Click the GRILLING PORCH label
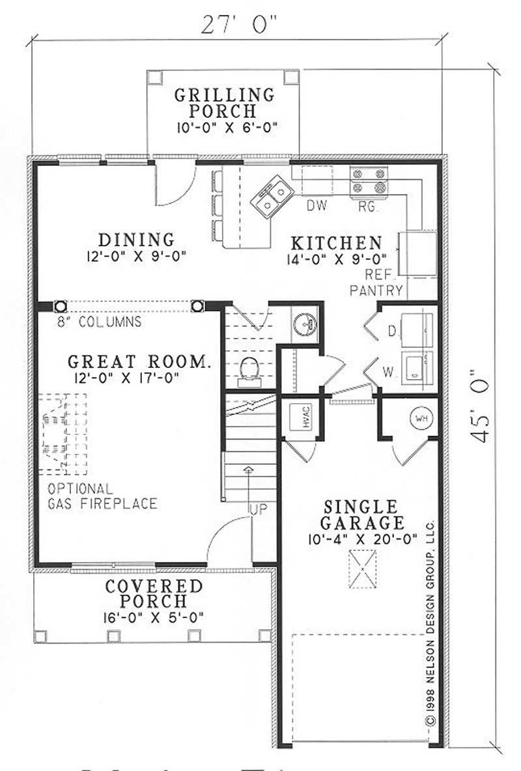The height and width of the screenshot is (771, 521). pyautogui.click(x=223, y=103)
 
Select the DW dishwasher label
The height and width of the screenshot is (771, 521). pyautogui.click(x=317, y=206)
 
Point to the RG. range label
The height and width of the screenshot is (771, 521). pyautogui.click(x=369, y=206)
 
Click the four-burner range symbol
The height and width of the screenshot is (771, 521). pyautogui.click(x=369, y=181)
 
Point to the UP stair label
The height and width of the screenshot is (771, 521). pyautogui.click(x=259, y=508)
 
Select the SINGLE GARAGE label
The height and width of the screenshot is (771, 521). pyautogui.click(x=361, y=514)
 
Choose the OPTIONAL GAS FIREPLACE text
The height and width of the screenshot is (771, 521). pyautogui.click(x=102, y=496)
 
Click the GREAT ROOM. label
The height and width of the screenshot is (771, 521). pyautogui.click(x=139, y=362)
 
